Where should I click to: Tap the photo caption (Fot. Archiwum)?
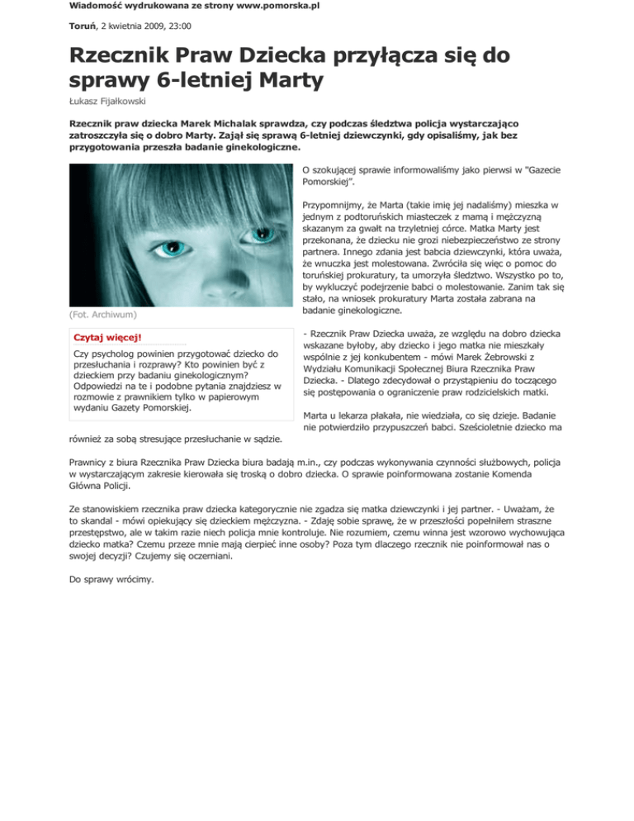[x=102, y=314]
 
